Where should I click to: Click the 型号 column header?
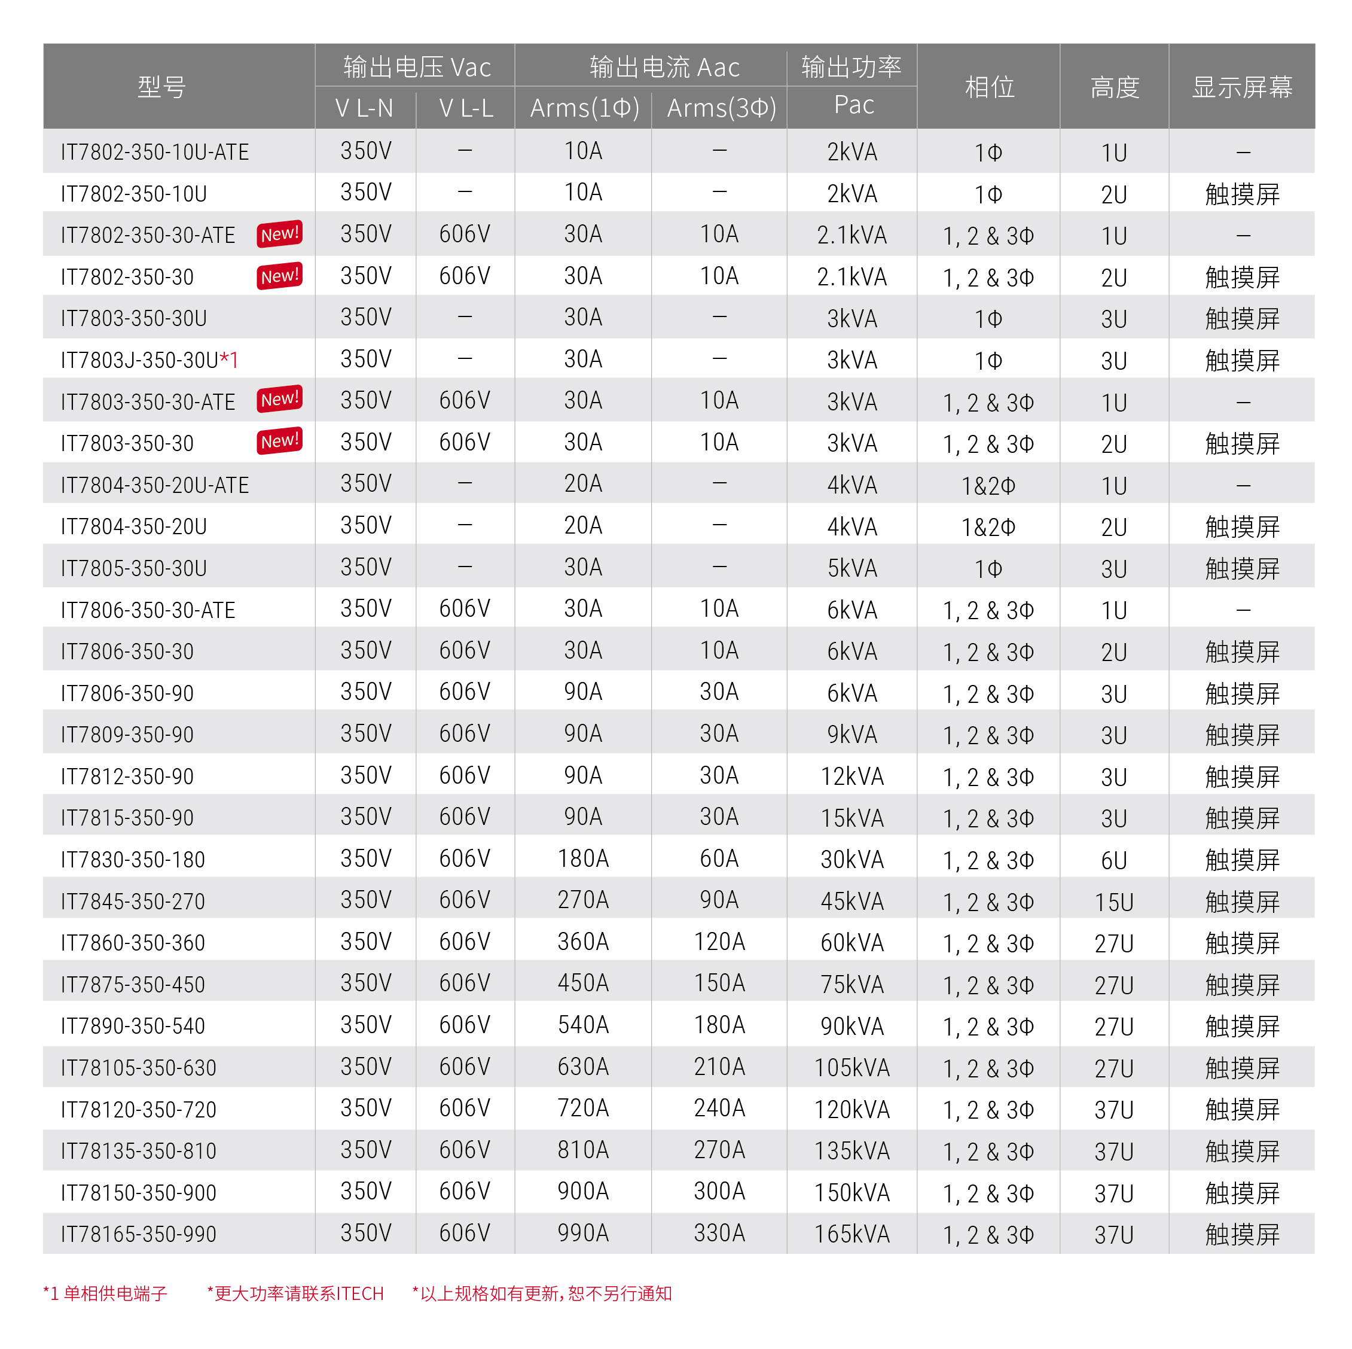tap(161, 87)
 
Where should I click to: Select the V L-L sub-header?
tap(465, 108)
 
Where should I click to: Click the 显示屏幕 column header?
tap(1241, 87)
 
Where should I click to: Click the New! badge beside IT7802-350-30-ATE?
tap(280, 235)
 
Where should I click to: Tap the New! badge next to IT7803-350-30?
tap(280, 441)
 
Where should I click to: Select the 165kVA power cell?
tap(852, 1234)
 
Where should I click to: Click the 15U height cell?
tap(1113, 902)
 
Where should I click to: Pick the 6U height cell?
tap(1113, 860)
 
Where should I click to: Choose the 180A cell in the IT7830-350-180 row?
tap(583, 859)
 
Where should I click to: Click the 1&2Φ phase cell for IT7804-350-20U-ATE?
tap(988, 486)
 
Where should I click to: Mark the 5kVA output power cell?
tap(852, 568)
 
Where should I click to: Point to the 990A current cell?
tap(583, 1233)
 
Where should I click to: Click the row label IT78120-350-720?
tap(139, 1110)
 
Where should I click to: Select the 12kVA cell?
tap(852, 776)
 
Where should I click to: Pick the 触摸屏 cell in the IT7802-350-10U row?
tap(1241, 194)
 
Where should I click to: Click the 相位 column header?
tap(989, 87)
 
